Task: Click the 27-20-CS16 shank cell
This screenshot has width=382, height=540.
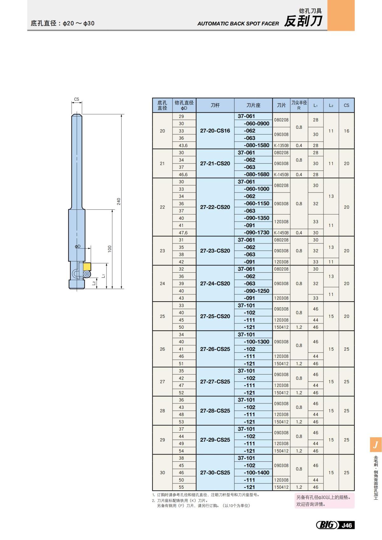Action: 215,131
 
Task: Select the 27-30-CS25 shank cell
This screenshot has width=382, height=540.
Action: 215,473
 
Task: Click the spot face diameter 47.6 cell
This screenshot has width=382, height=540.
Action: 183,233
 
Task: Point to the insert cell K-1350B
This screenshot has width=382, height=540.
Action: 281,145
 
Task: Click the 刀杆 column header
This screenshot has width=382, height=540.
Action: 215,105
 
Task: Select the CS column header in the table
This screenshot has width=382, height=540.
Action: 346,105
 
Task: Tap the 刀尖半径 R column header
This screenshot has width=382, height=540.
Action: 299,105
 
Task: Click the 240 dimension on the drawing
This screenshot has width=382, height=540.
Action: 119,201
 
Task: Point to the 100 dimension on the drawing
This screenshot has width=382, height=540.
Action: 110,249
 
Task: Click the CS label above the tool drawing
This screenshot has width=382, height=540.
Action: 76,99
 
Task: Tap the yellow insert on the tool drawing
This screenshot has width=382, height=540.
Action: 87,267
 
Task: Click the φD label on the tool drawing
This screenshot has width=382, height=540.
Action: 78,247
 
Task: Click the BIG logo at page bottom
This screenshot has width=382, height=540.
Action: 327,525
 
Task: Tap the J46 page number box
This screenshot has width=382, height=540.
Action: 347,525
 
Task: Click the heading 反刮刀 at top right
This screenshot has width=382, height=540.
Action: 303,22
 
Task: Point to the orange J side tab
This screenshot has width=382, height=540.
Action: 376,445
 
